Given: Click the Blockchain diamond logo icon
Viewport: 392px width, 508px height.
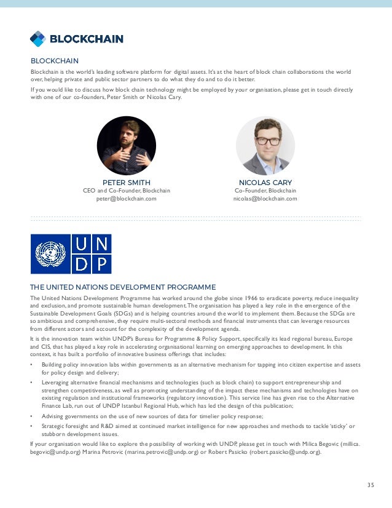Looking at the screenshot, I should coord(37,39).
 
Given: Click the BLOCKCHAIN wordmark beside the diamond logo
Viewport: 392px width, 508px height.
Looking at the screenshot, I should coord(86,39).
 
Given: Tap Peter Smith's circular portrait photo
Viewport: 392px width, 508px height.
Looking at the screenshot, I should coord(126,146).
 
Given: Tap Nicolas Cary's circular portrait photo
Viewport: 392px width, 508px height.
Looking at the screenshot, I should coord(265,146).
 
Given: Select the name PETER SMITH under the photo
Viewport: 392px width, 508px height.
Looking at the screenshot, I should coord(126,183).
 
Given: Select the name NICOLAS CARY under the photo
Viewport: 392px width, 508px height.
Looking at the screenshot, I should coord(265,183).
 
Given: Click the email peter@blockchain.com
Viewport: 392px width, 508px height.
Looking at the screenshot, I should coord(126,199).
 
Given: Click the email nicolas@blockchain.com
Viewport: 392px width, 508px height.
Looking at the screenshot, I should coord(265,199).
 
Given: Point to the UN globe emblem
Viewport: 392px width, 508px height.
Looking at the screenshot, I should coord(50,253).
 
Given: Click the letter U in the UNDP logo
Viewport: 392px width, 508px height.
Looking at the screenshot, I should coord(82,244).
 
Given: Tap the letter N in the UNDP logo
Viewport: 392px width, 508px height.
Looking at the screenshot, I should coord(102,244).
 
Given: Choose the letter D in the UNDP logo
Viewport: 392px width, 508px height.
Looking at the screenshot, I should coord(82,264).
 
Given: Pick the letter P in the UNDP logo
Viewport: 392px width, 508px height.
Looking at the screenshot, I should coord(102,264).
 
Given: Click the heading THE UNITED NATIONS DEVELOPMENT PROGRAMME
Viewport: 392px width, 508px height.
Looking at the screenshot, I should coord(123,287).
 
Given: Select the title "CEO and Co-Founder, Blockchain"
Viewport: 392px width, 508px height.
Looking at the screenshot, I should coord(126,191).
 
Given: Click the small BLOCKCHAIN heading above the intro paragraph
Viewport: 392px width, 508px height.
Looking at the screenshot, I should coord(54,61).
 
